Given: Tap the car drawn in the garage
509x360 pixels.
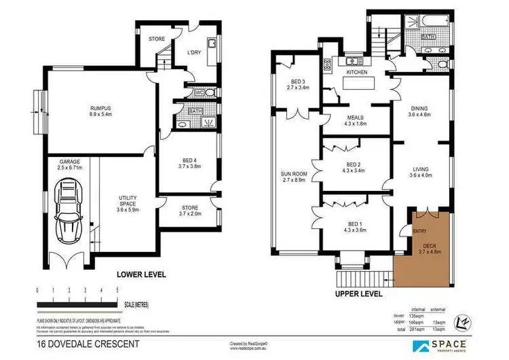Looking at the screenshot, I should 69,211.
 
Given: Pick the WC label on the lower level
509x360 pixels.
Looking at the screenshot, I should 200,92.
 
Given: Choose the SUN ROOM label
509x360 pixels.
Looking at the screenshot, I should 295,175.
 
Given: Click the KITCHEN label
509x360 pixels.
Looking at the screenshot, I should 356,72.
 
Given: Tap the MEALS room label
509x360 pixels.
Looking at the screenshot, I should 356,117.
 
